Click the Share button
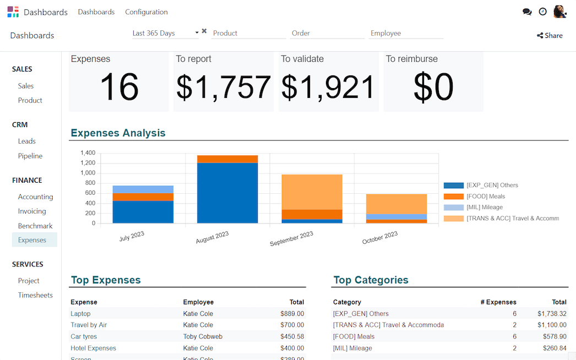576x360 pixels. (550, 36)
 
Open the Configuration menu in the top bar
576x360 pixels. (146, 12)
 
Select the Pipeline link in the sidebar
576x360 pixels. (30, 156)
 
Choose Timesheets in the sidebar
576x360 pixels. (35, 295)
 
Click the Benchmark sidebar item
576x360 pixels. (35, 226)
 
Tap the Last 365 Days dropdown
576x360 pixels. (165, 33)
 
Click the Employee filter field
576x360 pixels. (406, 33)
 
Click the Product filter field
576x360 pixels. (248, 33)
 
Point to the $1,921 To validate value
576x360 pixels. (328, 88)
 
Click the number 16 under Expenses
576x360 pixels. (119, 88)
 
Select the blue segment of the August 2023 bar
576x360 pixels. (227, 193)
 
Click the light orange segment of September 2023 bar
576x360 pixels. (312, 192)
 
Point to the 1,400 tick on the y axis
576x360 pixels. (88, 153)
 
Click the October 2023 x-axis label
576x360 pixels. (380, 238)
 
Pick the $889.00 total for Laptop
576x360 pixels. (292, 314)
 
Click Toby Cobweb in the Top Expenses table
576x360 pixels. (203, 336)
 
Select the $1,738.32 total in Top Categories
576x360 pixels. (552, 314)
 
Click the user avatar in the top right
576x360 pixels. (559, 12)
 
